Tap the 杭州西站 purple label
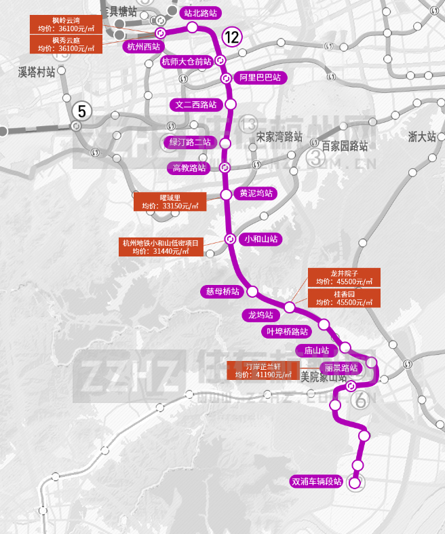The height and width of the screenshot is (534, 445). (142, 47)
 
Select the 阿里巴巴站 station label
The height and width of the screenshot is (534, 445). (260, 78)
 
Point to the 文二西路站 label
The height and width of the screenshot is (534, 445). (196, 104)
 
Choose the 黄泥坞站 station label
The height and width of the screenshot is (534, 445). (256, 193)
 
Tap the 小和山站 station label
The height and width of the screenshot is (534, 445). (261, 239)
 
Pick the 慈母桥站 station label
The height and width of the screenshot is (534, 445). (223, 292)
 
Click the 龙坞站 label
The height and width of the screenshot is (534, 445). (260, 315)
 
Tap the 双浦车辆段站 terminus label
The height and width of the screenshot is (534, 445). (315, 482)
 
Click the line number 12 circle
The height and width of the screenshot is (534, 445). (231, 37)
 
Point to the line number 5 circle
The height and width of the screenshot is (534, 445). (82, 110)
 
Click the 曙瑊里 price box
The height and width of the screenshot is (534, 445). (170, 202)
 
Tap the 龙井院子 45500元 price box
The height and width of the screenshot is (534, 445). (344, 278)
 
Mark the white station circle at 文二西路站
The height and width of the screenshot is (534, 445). (231, 104)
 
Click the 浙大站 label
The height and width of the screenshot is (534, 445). (421, 136)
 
